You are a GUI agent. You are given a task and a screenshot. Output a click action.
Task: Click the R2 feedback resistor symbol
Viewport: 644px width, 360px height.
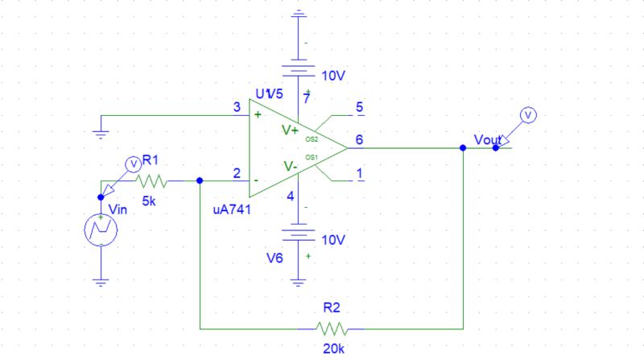point(331,329)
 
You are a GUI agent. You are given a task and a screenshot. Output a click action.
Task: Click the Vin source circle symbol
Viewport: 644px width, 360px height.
point(101,230)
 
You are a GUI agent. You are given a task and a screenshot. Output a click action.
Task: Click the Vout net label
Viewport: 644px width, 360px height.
point(488,139)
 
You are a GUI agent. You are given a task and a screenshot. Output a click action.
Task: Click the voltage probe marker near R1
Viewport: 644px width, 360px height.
point(134,163)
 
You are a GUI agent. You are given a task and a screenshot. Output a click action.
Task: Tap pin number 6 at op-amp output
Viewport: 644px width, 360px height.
point(358,139)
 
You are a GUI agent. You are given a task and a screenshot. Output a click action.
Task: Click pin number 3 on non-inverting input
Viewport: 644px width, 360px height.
point(236,107)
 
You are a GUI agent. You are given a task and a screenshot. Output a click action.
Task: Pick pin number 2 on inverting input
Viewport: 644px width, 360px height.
point(236,172)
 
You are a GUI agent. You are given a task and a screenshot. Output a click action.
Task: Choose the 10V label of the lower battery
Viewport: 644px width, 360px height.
point(333,240)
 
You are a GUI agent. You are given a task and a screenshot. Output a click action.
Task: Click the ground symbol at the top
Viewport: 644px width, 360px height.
point(299,14)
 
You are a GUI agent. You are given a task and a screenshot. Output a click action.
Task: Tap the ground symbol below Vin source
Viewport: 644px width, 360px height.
point(101,281)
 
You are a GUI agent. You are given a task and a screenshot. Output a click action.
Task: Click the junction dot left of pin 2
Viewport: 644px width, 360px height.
point(200,181)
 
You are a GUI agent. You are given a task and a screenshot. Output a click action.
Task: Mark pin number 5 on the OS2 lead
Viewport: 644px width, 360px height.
point(358,106)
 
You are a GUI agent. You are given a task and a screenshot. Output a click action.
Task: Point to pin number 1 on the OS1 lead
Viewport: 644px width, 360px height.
point(358,172)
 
